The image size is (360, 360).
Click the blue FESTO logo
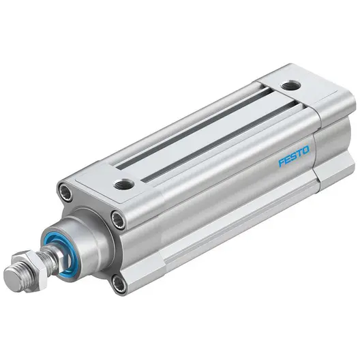294,156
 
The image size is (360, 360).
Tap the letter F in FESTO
282,162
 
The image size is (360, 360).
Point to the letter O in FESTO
306,151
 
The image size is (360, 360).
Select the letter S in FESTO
294,156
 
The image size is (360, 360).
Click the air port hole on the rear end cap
290,85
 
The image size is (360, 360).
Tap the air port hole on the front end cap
124,183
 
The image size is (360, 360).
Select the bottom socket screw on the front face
119,284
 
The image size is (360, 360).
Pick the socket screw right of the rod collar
118,220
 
